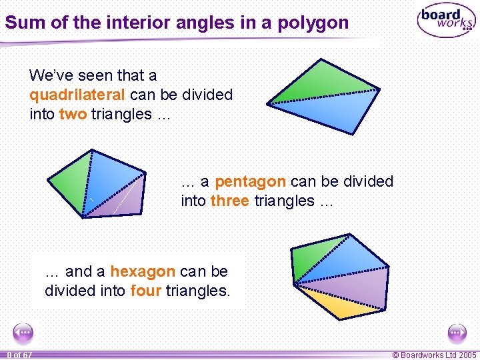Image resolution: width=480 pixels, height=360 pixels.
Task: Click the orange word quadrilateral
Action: coord(77,95)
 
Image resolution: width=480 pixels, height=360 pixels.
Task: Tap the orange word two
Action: coord(73,114)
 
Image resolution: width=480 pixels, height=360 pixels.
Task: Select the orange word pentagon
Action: coord(250,181)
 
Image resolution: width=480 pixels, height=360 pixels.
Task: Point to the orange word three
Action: coord(230,201)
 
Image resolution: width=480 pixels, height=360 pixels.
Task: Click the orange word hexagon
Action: coord(142,271)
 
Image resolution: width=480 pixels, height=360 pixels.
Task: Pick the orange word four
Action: coord(145,291)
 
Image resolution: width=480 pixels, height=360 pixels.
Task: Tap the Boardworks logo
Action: coord(446,22)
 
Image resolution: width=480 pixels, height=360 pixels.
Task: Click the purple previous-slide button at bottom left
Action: coord(23,332)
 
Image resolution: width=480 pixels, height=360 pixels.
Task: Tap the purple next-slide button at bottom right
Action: coord(457,332)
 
